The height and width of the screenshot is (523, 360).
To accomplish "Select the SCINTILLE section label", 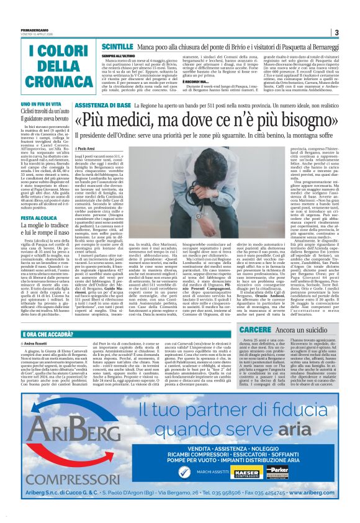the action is click(116, 47).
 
